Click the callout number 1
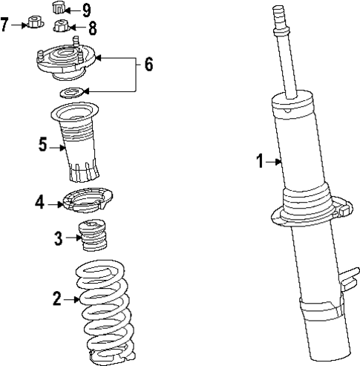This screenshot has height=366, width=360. pyautogui.click(x=260, y=161)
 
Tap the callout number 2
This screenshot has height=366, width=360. pyautogui.click(x=56, y=299)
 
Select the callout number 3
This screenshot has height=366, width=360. pyautogui.click(x=58, y=238)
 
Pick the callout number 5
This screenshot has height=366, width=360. pyautogui.click(x=43, y=143)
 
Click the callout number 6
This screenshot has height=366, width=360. pyautogui.click(x=148, y=65)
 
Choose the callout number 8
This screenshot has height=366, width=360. pyautogui.click(x=92, y=30)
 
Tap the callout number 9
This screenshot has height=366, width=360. pyautogui.click(x=87, y=10)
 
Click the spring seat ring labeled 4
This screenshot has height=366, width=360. pyautogui.click(x=87, y=200)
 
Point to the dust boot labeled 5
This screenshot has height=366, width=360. pyautogui.click(x=79, y=145)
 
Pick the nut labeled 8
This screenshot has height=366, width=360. pyautogui.click(x=62, y=28)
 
